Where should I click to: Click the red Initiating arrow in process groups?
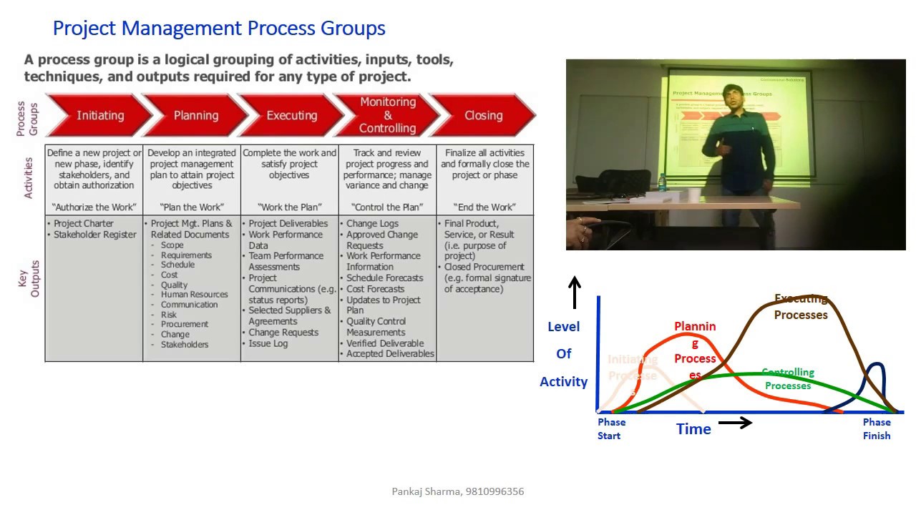click(x=100, y=115)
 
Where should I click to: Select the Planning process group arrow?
click(x=195, y=115)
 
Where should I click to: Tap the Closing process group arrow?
click(x=484, y=115)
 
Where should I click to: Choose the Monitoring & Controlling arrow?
click(x=387, y=115)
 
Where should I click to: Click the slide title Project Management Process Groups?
click(x=219, y=29)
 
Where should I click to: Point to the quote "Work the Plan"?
click(x=289, y=207)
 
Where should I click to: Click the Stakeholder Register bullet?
click(x=94, y=235)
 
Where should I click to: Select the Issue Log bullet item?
click(x=268, y=343)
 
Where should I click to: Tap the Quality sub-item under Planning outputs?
click(x=174, y=285)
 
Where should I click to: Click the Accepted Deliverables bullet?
click(x=389, y=353)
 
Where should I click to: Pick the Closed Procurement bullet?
click(x=484, y=267)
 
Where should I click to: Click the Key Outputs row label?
click(x=29, y=279)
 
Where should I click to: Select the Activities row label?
click(x=29, y=178)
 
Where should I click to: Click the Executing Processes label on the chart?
click(x=801, y=307)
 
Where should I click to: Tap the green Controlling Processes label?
click(x=788, y=379)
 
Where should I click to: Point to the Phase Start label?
click(x=611, y=428)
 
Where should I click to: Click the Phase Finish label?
click(x=877, y=428)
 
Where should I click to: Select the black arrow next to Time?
click(x=735, y=423)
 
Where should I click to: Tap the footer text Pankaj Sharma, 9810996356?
click(x=458, y=491)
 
